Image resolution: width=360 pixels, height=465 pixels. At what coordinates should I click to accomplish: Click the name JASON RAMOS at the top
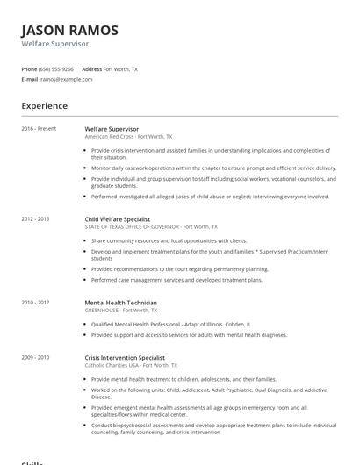tap(69, 30)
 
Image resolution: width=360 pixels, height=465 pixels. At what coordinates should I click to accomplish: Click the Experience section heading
tap(45, 106)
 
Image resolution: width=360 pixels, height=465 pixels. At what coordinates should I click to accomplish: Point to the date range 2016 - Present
tap(39, 129)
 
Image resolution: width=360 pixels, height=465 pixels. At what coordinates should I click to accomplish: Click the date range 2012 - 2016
tap(36, 218)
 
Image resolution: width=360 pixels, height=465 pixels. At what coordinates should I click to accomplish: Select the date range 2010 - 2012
tap(36, 302)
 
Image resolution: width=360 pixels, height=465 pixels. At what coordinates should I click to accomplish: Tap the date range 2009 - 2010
tap(36, 357)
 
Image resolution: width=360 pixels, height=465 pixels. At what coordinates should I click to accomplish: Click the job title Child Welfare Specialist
tap(118, 218)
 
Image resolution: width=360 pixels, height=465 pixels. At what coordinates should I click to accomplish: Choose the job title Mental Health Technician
tap(120, 302)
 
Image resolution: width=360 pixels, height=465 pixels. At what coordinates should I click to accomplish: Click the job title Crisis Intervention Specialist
tap(126, 357)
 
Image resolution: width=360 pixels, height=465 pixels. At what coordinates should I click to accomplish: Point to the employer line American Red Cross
tap(128, 137)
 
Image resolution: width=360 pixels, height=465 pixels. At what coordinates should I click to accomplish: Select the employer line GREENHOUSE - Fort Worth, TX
tap(121, 310)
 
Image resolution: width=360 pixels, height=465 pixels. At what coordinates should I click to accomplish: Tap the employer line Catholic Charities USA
tap(130, 365)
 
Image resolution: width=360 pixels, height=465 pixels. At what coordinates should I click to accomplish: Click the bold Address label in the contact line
tap(92, 68)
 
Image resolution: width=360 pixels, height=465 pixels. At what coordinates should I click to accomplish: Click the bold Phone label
tap(31, 68)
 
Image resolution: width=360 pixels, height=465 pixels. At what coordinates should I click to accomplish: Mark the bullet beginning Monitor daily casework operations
tap(212, 168)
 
